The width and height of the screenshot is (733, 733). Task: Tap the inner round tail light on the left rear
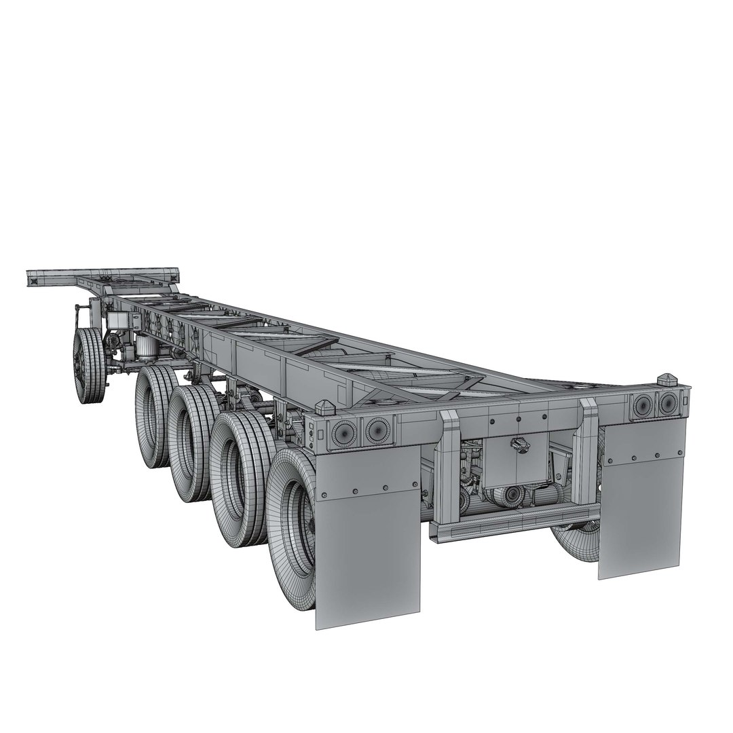click(x=375, y=428)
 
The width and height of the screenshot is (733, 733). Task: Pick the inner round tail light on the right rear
click(x=642, y=405)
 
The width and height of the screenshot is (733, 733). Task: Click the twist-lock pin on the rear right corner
click(x=667, y=381)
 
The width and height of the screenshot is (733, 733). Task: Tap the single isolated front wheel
click(x=89, y=366)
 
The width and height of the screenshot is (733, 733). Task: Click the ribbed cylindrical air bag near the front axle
click(x=147, y=350)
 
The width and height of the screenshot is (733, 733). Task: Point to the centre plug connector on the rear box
click(x=519, y=445)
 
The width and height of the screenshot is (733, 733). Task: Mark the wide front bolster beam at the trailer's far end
click(x=102, y=277)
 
